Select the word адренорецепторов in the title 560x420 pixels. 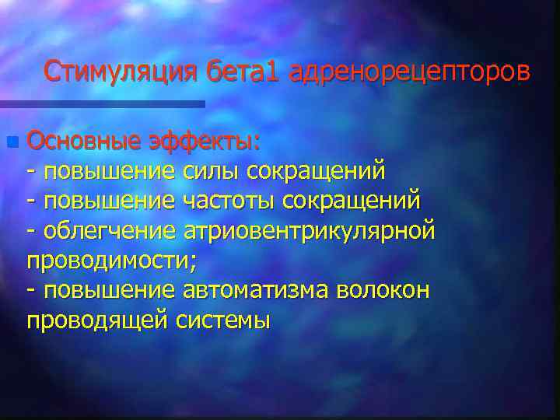tap(410, 72)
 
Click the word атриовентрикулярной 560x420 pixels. tap(309, 230)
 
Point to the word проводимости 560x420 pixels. tap(111, 261)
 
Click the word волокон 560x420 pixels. tap(383, 290)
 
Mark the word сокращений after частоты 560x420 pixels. tap(352, 201)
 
